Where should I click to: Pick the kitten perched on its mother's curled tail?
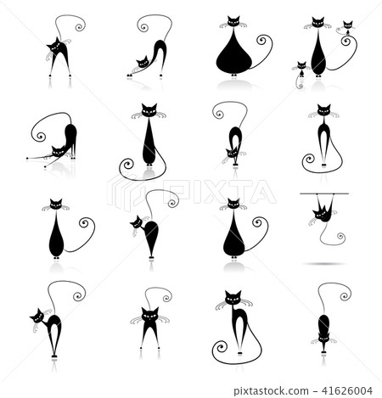pos(348,34)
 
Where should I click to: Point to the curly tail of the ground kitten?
pos(299,82)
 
